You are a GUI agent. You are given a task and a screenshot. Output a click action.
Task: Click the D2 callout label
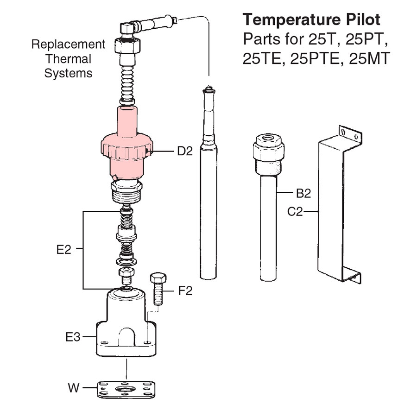tap(184, 152)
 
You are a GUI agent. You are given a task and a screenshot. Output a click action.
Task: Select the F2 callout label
tap(185, 291)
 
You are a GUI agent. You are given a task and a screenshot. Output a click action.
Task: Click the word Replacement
tap(68, 44)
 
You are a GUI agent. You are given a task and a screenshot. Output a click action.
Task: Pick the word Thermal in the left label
tap(68, 59)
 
